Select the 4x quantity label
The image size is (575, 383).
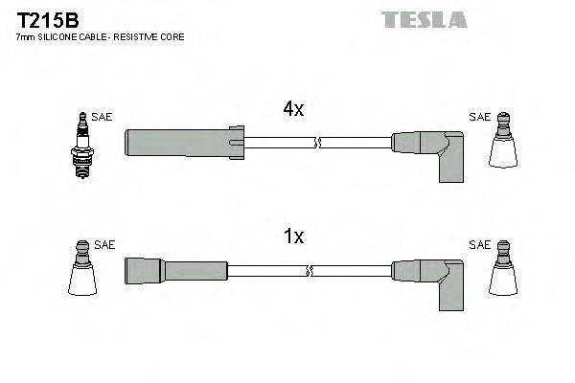[293, 110]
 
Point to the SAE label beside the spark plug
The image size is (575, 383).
[103, 117]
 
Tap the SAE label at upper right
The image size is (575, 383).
[478, 117]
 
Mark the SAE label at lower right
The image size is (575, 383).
[478, 245]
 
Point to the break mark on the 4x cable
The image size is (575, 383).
[320, 143]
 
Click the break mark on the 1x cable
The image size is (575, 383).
[320, 271]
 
